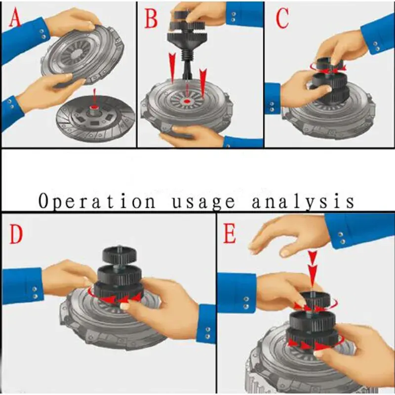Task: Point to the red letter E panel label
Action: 230,234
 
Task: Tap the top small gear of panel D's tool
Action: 119,255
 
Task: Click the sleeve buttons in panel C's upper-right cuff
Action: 377,45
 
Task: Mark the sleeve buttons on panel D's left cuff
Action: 35,292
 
